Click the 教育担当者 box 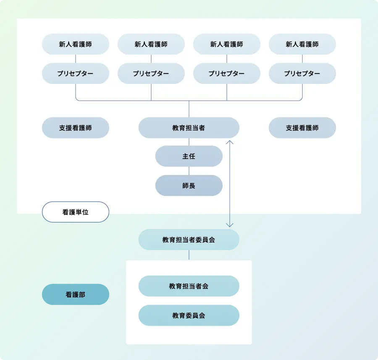[189, 128]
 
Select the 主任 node [189, 156]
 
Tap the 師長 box [189, 185]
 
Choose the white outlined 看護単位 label [76, 212]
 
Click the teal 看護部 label [76, 294]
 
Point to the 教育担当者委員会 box [189, 240]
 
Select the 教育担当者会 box [189, 286]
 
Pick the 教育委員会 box [189, 315]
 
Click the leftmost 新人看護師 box [76, 44]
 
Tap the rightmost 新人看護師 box [302, 44]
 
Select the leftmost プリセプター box [76, 73]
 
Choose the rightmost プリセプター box [302, 73]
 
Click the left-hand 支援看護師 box [76, 128]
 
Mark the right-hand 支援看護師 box [302, 128]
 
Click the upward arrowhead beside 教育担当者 [229, 142]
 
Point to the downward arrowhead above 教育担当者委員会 [229, 225]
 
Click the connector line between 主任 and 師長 [189, 171]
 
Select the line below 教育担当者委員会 [189, 255]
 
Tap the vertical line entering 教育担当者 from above [189, 109]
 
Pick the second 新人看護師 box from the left [151, 44]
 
